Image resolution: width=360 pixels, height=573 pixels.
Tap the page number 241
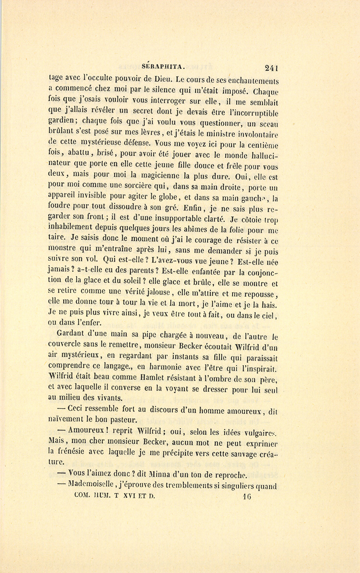pos(271,68)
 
